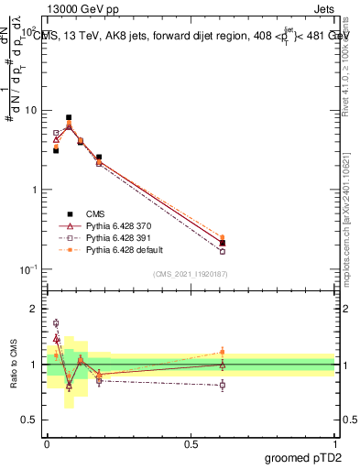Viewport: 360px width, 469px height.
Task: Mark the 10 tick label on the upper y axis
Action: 30,111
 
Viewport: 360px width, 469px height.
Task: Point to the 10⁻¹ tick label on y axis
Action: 28,269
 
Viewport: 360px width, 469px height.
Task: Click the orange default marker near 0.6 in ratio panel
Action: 223,352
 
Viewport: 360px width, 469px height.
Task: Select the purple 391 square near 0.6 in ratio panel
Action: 223,385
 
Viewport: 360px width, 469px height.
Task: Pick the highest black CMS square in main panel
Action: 69,117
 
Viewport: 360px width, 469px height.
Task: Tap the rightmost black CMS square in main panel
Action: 223,243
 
